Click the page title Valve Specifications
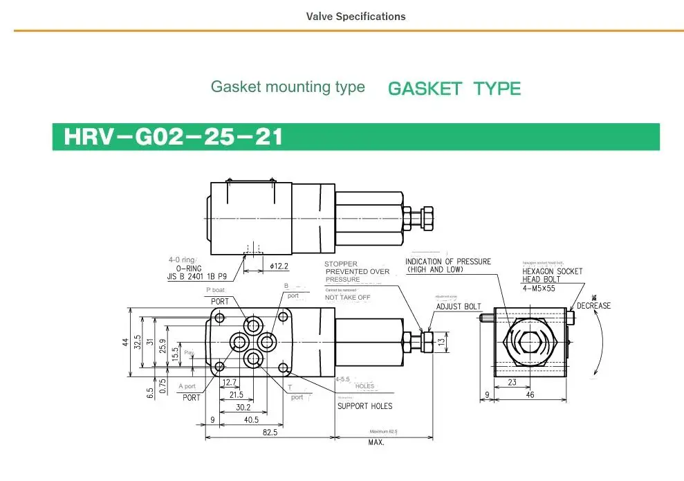tap(355, 16)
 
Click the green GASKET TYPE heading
tap(454, 89)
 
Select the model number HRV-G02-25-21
tap(174, 136)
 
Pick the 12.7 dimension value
tap(230, 382)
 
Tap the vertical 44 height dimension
tap(126, 343)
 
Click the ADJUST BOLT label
tap(458, 307)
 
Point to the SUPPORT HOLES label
tap(364, 406)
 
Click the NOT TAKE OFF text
tap(348, 297)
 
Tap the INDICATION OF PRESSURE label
tap(447, 262)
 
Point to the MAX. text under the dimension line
tap(376, 442)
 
